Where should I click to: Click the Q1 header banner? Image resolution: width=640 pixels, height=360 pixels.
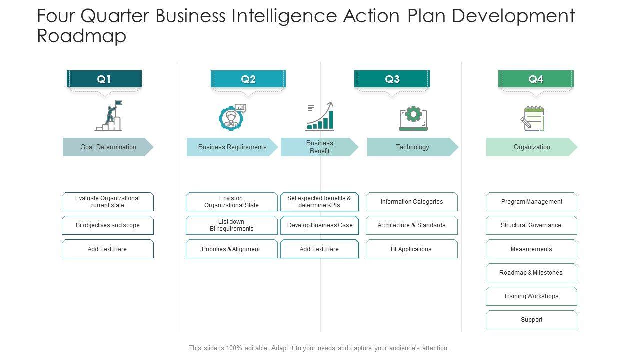point(104,79)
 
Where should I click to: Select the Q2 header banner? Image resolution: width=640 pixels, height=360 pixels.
point(248,79)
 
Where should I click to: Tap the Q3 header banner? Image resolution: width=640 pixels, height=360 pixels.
point(392,79)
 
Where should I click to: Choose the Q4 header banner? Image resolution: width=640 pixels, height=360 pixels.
point(536,79)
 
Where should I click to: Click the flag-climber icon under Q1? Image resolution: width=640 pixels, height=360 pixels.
point(109,116)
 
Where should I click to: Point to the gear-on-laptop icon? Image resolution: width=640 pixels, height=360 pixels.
point(413,118)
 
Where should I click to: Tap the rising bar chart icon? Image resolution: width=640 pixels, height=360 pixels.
point(320,117)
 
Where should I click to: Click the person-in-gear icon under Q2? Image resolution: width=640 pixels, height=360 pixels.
point(232,118)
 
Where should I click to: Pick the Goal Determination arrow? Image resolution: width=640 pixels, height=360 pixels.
point(108,147)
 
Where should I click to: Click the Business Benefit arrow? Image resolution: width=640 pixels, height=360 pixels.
point(319,147)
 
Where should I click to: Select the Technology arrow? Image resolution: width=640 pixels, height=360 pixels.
point(412,147)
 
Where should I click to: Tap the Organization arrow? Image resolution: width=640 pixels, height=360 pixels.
point(531,147)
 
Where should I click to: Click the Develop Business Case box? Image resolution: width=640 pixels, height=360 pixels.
point(319,225)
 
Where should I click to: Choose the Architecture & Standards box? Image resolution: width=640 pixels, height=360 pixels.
point(411,225)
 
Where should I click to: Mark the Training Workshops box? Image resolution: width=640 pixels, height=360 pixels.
point(531,296)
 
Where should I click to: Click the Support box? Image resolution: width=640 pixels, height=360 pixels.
point(531,320)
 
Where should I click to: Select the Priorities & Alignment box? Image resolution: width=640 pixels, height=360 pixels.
point(231,249)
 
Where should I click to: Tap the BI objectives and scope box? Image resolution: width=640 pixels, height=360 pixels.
point(108,225)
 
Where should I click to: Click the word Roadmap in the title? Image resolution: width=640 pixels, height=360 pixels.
point(82,36)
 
